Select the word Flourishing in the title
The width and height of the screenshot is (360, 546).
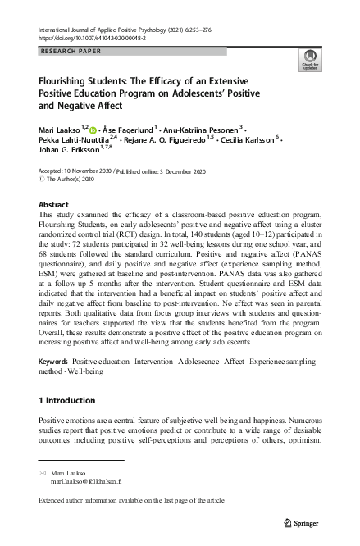(66, 83)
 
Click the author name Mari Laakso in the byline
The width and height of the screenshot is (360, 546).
(60, 128)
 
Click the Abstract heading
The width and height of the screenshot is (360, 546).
(54, 205)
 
